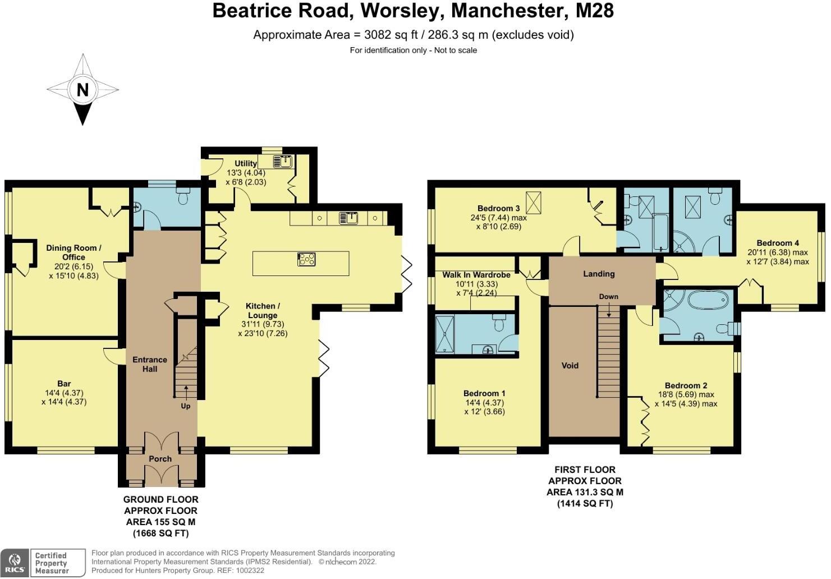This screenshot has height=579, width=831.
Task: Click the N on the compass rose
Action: coord(82,90)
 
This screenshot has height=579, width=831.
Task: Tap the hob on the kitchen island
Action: coord(306,259)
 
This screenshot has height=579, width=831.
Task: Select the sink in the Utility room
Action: coord(283,162)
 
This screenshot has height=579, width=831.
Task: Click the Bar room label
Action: coord(64,384)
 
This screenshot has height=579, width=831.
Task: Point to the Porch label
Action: coord(160,459)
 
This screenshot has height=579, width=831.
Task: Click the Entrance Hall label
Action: coord(150,364)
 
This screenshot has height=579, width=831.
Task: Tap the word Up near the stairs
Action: coord(185,406)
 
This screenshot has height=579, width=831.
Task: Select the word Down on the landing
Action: coord(608,296)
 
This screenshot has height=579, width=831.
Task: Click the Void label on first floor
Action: coord(570,366)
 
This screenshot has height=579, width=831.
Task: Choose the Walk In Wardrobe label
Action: coord(476,275)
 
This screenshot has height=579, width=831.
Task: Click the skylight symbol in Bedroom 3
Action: coord(533,200)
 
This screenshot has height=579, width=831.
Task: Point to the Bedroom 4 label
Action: coord(777,243)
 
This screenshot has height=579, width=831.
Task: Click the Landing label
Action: coord(599,274)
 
